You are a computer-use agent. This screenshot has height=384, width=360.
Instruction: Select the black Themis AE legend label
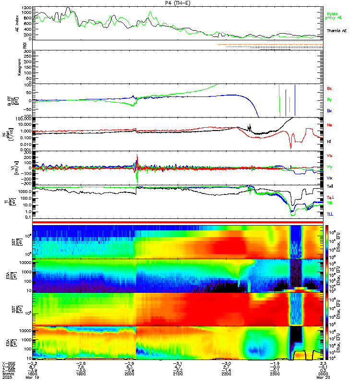click(336, 31)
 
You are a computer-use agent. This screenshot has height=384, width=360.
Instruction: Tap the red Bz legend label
click(329, 89)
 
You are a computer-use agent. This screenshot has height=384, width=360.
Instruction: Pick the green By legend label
click(329, 100)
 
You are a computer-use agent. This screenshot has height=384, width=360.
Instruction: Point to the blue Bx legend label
click(329, 111)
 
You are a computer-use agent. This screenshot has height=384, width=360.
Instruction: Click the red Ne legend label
click(329, 124)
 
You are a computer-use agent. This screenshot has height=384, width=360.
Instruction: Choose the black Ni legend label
click(329, 142)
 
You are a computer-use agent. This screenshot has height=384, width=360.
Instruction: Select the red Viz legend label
click(329, 156)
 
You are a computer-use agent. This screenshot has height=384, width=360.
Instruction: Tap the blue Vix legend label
click(329, 178)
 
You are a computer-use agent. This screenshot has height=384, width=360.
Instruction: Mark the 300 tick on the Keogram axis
click(27, 51)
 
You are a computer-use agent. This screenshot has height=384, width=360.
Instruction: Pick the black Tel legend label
click(330, 187)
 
